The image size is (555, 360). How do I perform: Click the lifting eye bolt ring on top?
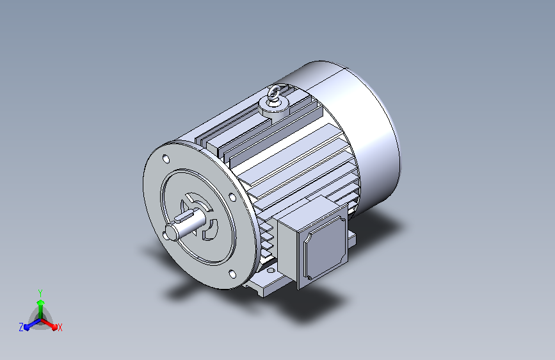[273, 93]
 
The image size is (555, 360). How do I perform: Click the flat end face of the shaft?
[169, 233]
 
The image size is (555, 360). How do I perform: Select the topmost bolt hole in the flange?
[166, 159]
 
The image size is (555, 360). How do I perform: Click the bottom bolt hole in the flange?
[232, 274]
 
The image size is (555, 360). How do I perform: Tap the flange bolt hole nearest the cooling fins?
[232, 197]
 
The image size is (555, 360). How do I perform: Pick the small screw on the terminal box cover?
[310, 278]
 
